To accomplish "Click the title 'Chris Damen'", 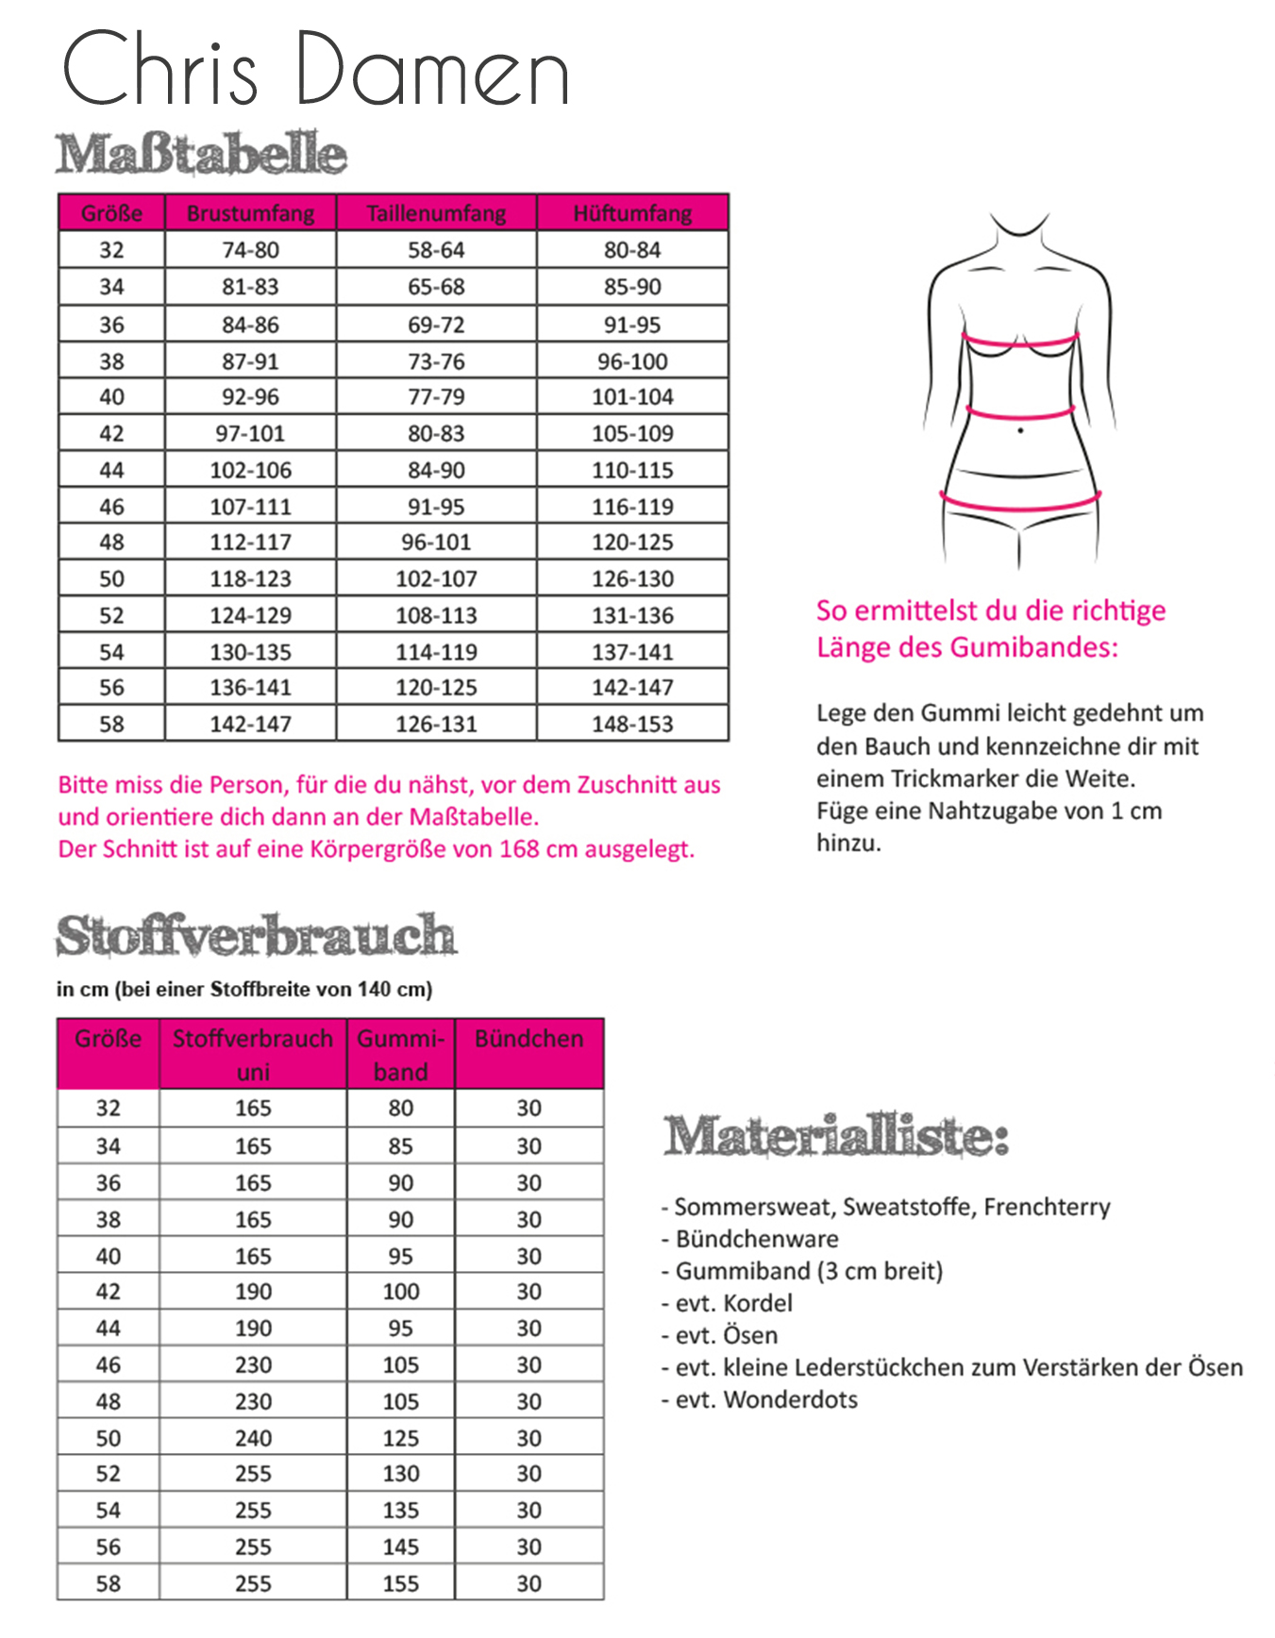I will pyautogui.click(x=315, y=70).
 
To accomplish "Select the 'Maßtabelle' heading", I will pyautogui.click(x=201, y=155).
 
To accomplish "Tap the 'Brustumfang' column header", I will pyautogui.click(x=250, y=213).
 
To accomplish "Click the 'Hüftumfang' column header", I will pyautogui.click(x=632, y=213).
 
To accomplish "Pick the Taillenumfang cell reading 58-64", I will pyautogui.click(x=436, y=250).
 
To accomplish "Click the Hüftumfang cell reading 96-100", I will pyautogui.click(x=632, y=361).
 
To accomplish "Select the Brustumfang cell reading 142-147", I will pyautogui.click(x=250, y=724).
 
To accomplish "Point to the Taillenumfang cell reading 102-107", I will pyautogui.click(x=436, y=578).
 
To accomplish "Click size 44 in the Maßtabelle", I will pyautogui.click(x=111, y=470).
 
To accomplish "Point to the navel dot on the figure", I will pyautogui.click(x=1021, y=431).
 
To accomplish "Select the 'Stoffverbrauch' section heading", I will pyautogui.click(x=256, y=936).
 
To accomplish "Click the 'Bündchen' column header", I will pyautogui.click(x=528, y=1039).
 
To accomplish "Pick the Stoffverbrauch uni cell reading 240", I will pyautogui.click(x=253, y=1438).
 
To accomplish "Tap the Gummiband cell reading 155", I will pyautogui.click(x=400, y=1583).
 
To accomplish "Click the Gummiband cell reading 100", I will pyautogui.click(x=400, y=1292).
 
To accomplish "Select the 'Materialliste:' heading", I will pyautogui.click(x=836, y=1136).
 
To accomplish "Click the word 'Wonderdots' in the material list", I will pyautogui.click(x=791, y=1399).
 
